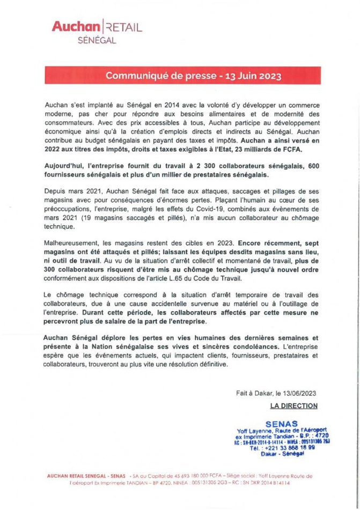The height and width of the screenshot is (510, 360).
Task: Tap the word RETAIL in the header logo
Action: [x=124, y=27]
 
